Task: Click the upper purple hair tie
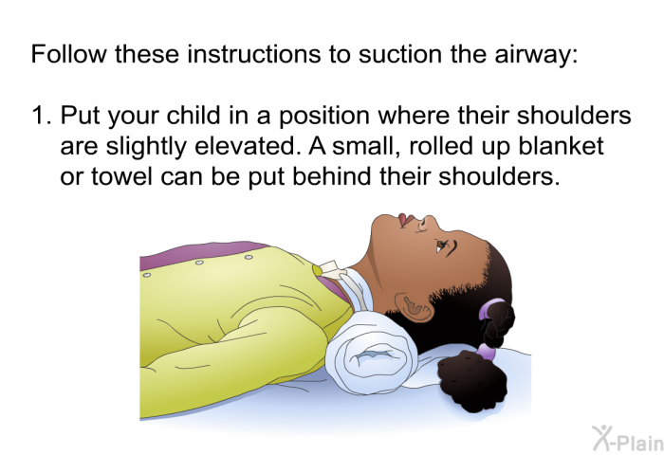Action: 494,309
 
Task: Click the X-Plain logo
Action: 622,437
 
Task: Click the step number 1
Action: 40,117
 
